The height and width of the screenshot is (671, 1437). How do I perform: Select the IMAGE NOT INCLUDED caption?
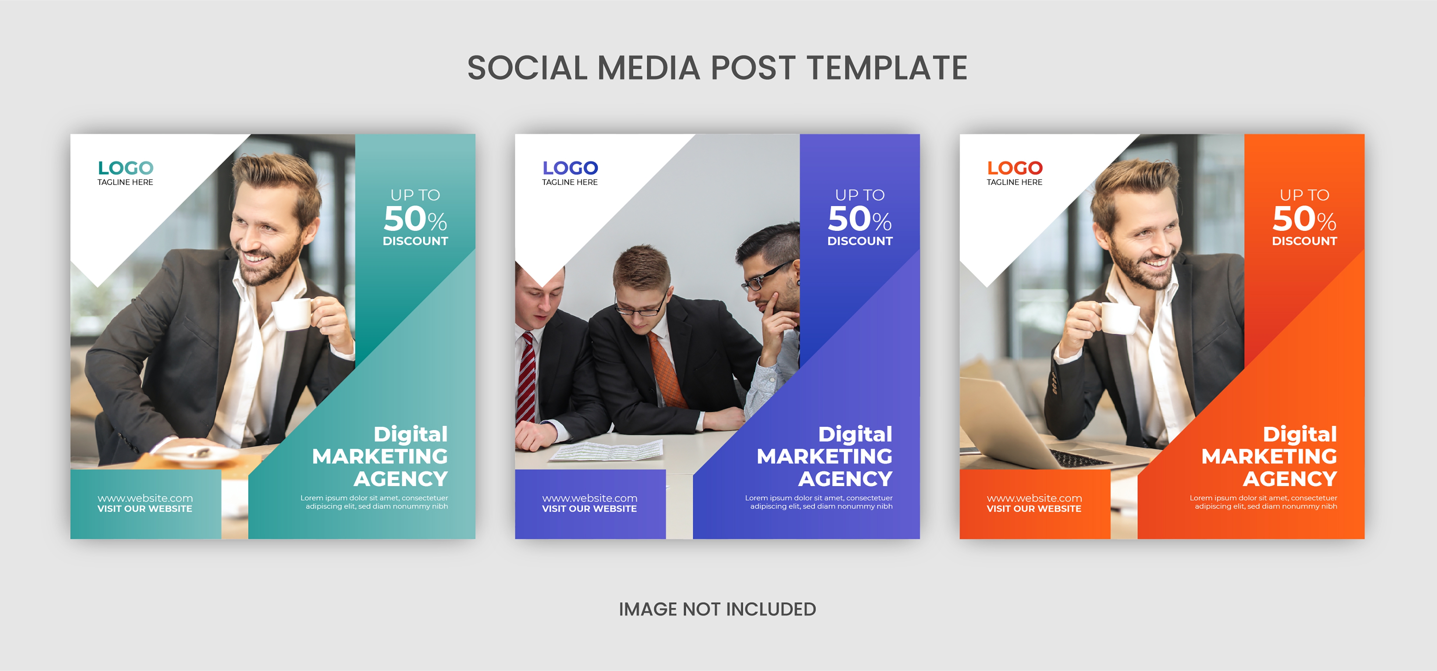click(x=717, y=609)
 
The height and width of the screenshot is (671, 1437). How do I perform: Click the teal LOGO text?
click(x=125, y=168)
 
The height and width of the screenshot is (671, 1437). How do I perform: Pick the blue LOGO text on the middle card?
click(x=570, y=168)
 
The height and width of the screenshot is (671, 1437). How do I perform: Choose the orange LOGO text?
click(x=1015, y=168)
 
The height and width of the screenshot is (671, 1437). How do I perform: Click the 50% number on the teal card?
click(x=415, y=219)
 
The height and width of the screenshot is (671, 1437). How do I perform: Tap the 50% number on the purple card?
click(x=860, y=219)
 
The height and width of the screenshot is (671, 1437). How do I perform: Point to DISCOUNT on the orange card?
click(x=1304, y=241)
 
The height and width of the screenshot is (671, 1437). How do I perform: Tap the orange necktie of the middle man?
click(x=666, y=370)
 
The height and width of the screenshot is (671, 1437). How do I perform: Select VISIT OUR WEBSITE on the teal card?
click(x=145, y=509)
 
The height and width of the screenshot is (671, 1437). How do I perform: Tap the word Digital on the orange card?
click(x=1300, y=434)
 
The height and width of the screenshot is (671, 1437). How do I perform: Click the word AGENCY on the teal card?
click(x=401, y=478)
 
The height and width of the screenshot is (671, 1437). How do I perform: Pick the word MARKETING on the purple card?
click(x=824, y=456)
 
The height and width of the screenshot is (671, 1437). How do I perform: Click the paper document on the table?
click(x=607, y=450)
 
